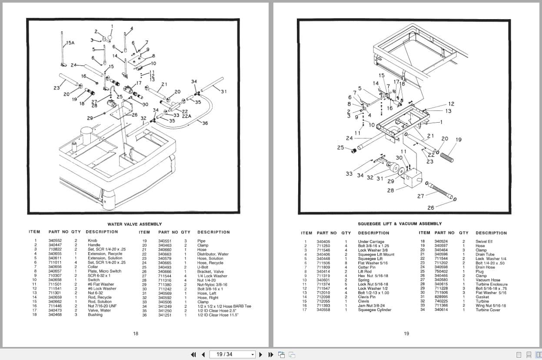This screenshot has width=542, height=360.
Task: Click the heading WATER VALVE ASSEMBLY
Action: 135,224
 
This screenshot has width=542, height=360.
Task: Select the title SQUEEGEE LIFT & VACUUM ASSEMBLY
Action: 399,223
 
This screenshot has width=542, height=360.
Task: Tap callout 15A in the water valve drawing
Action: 70,43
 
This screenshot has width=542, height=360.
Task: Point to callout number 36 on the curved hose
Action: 205,123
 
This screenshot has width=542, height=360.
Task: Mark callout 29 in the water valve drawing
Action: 90,118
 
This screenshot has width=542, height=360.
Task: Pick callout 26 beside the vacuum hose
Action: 430,207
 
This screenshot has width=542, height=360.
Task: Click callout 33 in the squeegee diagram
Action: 349,173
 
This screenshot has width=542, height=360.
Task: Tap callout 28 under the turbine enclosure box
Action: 390,190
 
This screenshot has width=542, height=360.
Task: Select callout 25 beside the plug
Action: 340,147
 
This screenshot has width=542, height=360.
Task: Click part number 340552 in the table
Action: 55,241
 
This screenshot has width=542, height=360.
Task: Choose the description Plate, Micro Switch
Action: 105,271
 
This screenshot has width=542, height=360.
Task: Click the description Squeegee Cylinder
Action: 374,310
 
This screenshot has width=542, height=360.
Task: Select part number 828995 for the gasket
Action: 441,297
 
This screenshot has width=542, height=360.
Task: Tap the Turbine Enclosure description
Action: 491,284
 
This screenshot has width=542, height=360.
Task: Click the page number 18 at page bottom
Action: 136,333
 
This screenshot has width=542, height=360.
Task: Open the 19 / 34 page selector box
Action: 233,354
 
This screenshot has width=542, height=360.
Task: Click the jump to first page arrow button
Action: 193,354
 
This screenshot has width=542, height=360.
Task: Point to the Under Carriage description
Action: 371,242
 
